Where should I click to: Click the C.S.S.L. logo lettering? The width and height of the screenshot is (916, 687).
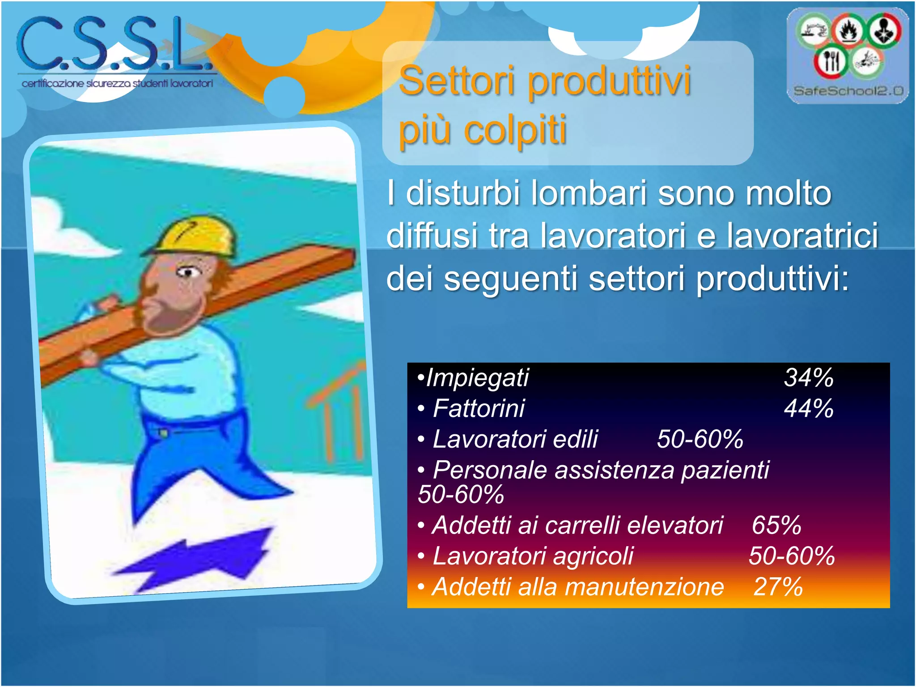tap(114, 45)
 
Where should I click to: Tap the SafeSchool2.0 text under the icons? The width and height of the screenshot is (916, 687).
tap(848, 91)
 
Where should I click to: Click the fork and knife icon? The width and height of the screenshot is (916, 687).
tap(830, 62)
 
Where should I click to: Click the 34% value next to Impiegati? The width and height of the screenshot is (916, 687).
tap(809, 377)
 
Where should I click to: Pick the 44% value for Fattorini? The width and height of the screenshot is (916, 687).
tap(809, 408)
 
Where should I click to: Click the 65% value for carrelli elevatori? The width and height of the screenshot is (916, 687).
tap(776, 525)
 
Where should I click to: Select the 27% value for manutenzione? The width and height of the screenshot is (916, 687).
tap(778, 587)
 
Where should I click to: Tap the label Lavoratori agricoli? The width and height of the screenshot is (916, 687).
tap(533, 556)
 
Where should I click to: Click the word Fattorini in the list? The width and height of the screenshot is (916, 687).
tap(479, 408)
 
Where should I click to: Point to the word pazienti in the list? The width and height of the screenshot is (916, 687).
tap(725, 470)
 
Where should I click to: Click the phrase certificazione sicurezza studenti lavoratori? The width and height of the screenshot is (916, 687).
tap(117, 84)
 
